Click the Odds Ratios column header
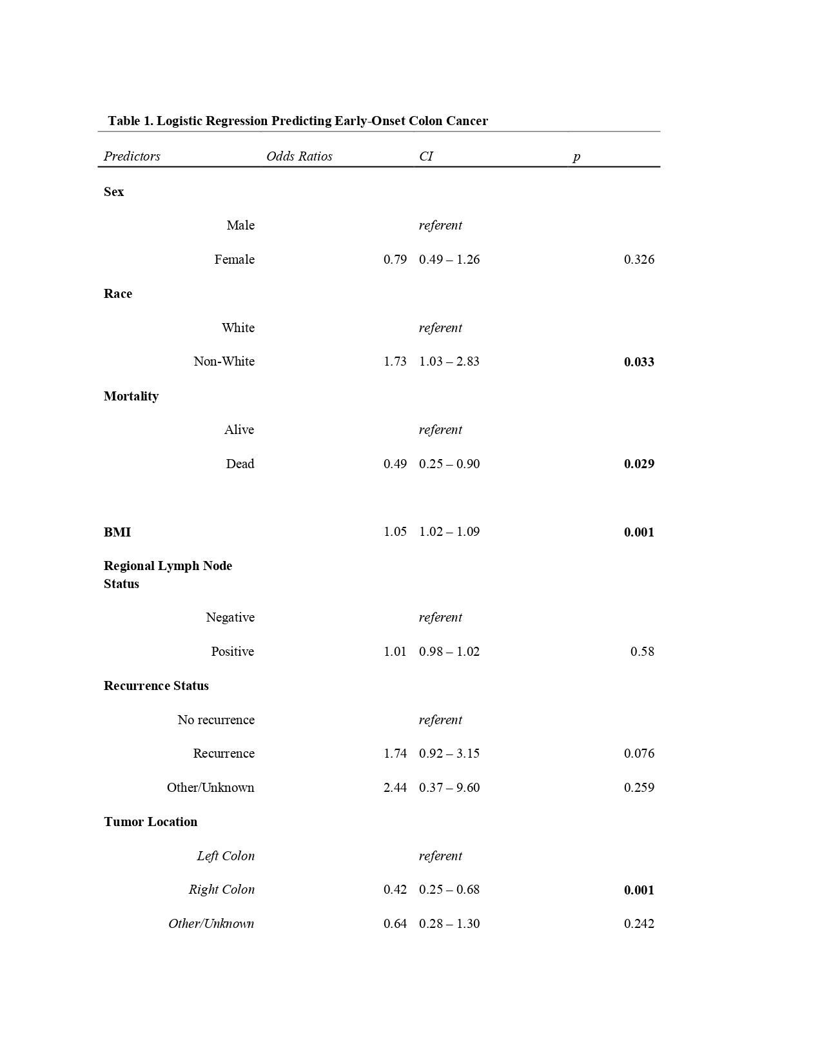coord(299,156)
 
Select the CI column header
coord(426,156)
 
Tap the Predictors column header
coord(132,156)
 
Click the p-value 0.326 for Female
coord(638,259)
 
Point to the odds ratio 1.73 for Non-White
coord(395,361)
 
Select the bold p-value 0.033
coord(638,362)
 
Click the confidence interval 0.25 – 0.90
coord(449,464)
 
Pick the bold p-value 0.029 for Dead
coord(638,464)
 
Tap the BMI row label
coord(117,532)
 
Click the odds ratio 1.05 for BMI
coord(395,531)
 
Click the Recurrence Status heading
coord(156,685)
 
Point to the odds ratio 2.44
coord(395,787)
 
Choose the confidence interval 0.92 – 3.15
coord(449,753)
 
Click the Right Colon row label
coord(221,889)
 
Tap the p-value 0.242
coord(638,923)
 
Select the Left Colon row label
coord(226,856)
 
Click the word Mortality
coord(131,396)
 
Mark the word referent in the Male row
coord(440,225)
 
